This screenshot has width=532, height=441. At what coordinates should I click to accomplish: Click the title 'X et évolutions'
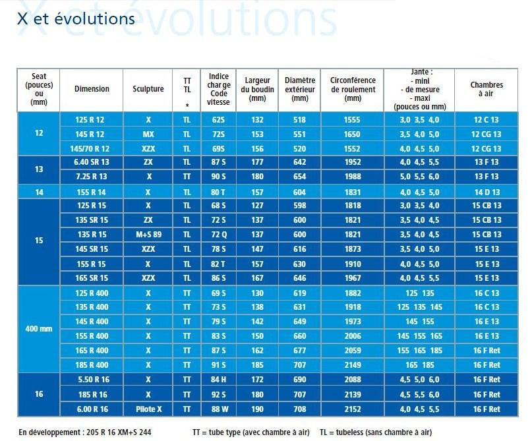[76, 18]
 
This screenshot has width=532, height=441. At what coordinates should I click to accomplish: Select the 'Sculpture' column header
[148, 89]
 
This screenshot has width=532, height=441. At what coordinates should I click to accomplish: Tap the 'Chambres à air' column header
[487, 89]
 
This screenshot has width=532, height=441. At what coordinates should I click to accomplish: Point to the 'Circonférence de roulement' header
[353, 89]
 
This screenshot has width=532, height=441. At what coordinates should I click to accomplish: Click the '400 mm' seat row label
[39, 328]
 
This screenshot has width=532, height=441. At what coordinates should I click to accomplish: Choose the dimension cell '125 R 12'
[91, 120]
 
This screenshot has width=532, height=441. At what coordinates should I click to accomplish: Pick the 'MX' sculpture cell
[148, 134]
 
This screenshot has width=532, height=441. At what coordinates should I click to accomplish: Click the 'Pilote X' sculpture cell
[148, 409]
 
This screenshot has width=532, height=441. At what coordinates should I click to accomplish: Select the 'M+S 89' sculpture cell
[148, 235]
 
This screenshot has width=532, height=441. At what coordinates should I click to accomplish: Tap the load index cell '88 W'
[218, 409]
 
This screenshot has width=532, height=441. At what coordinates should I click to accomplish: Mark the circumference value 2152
[353, 409]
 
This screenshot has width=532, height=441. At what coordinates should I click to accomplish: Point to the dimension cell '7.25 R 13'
[91, 176]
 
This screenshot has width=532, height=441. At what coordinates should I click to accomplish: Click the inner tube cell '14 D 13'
[487, 192]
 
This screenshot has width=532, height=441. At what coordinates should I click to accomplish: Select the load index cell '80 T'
[218, 192]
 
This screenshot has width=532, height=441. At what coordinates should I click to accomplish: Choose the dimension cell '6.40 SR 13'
[91, 162]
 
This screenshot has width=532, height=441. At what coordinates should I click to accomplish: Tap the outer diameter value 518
[299, 120]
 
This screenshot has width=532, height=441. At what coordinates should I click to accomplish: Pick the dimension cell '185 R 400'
[91, 365]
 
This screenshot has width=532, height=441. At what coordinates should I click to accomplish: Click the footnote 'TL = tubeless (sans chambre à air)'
[376, 432]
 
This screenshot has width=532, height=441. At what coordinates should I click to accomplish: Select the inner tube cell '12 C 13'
[487, 120]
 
